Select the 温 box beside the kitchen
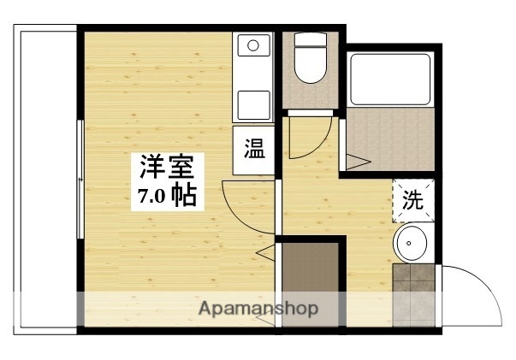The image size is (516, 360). click(x=254, y=151)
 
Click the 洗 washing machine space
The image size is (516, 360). click(x=412, y=202)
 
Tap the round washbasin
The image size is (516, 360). click(x=411, y=245)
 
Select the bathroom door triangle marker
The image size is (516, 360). click(x=357, y=159)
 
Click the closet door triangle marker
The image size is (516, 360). click(x=267, y=252)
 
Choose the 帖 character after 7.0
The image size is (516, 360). click(x=183, y=196)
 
